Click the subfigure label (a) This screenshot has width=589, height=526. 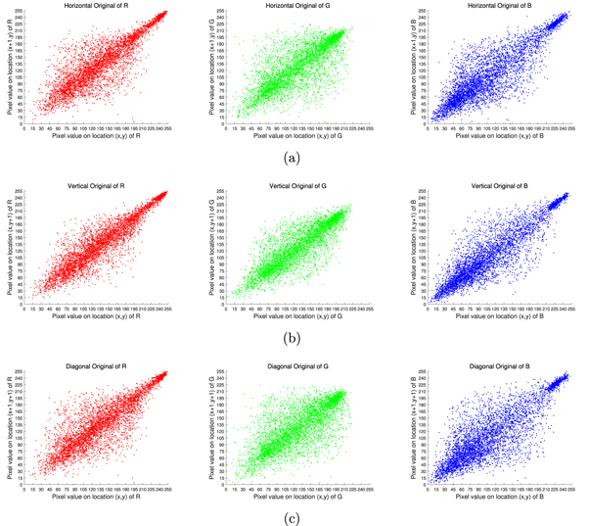292,157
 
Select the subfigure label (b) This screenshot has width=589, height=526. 292,336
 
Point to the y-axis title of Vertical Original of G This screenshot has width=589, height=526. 208,248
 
